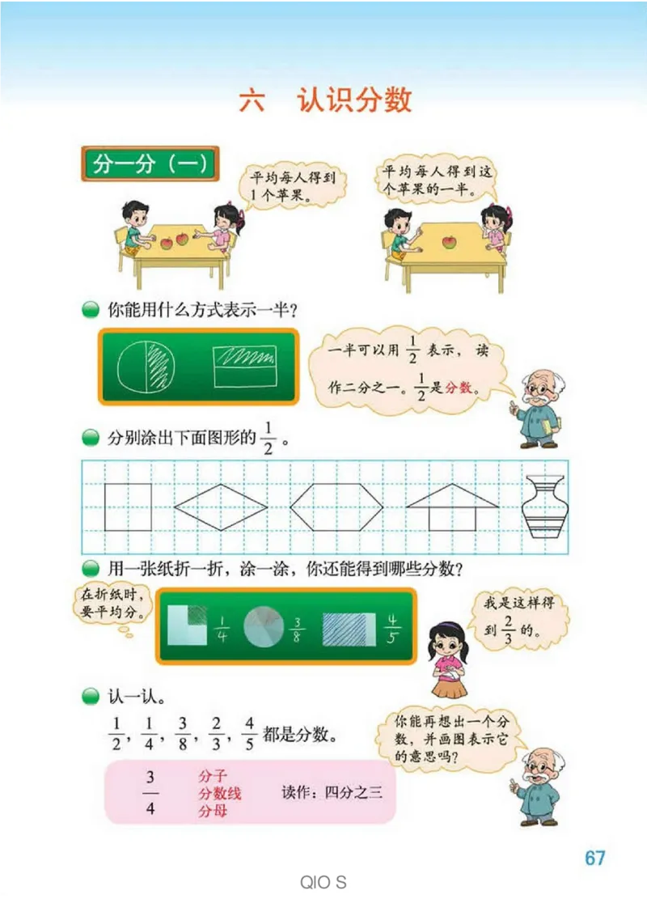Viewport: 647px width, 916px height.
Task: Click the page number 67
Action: [595, 858]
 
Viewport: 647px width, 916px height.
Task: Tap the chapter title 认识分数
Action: [354, 100]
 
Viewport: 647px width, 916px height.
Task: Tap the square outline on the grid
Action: [128, 507]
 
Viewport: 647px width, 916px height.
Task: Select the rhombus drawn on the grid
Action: [221, 507]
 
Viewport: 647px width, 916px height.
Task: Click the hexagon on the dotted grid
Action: [335, 507]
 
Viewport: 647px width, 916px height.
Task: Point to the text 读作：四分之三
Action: [332, 793]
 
